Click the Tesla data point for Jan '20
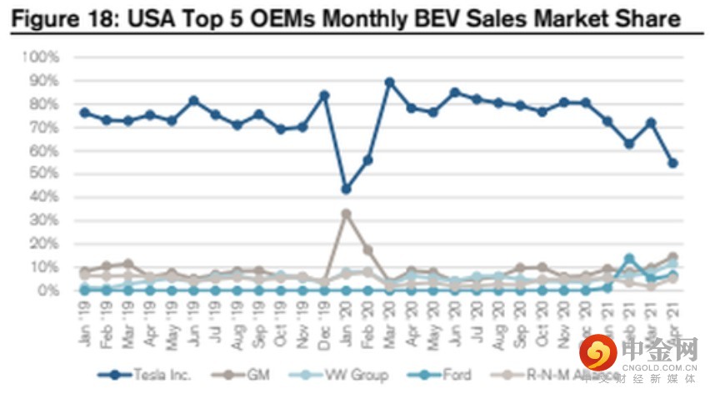pos(346,189)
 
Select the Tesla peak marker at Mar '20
pos(389,83)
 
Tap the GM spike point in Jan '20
pos(346,214)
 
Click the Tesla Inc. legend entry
pos(145,374)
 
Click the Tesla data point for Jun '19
pos(193,100)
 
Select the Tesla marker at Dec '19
pos(324,95)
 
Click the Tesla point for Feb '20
pos(367,159)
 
